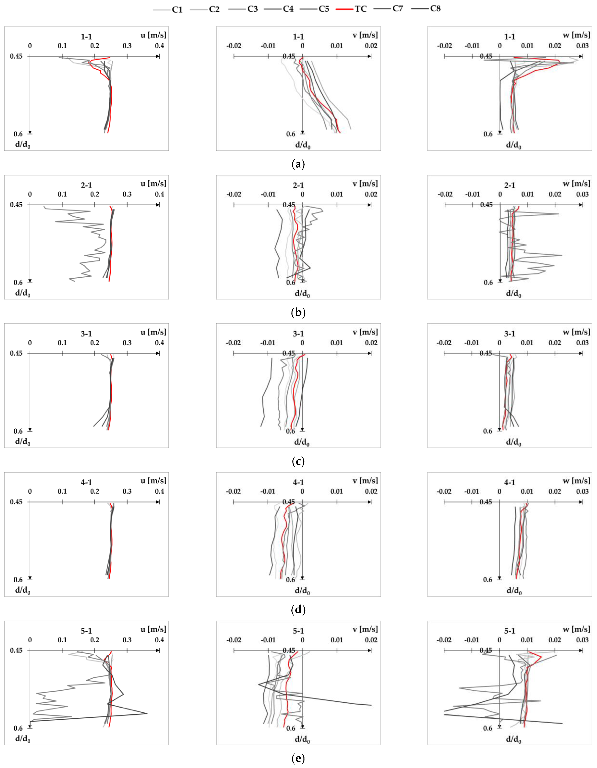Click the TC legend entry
[x=360, y=9]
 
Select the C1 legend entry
[x=177, y=10]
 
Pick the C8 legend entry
[x=435, y=9]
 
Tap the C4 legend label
[x=288, y=9]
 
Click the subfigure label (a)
[x=298, y=164]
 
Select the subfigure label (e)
[x=298, y=758]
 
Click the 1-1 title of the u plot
[x=86, y=37]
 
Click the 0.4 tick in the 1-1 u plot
[x=159, y=46]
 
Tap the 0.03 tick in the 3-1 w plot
[x=582, y=343]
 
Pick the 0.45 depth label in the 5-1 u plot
[x=16, y=650]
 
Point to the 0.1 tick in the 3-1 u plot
[x=62, y=343]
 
